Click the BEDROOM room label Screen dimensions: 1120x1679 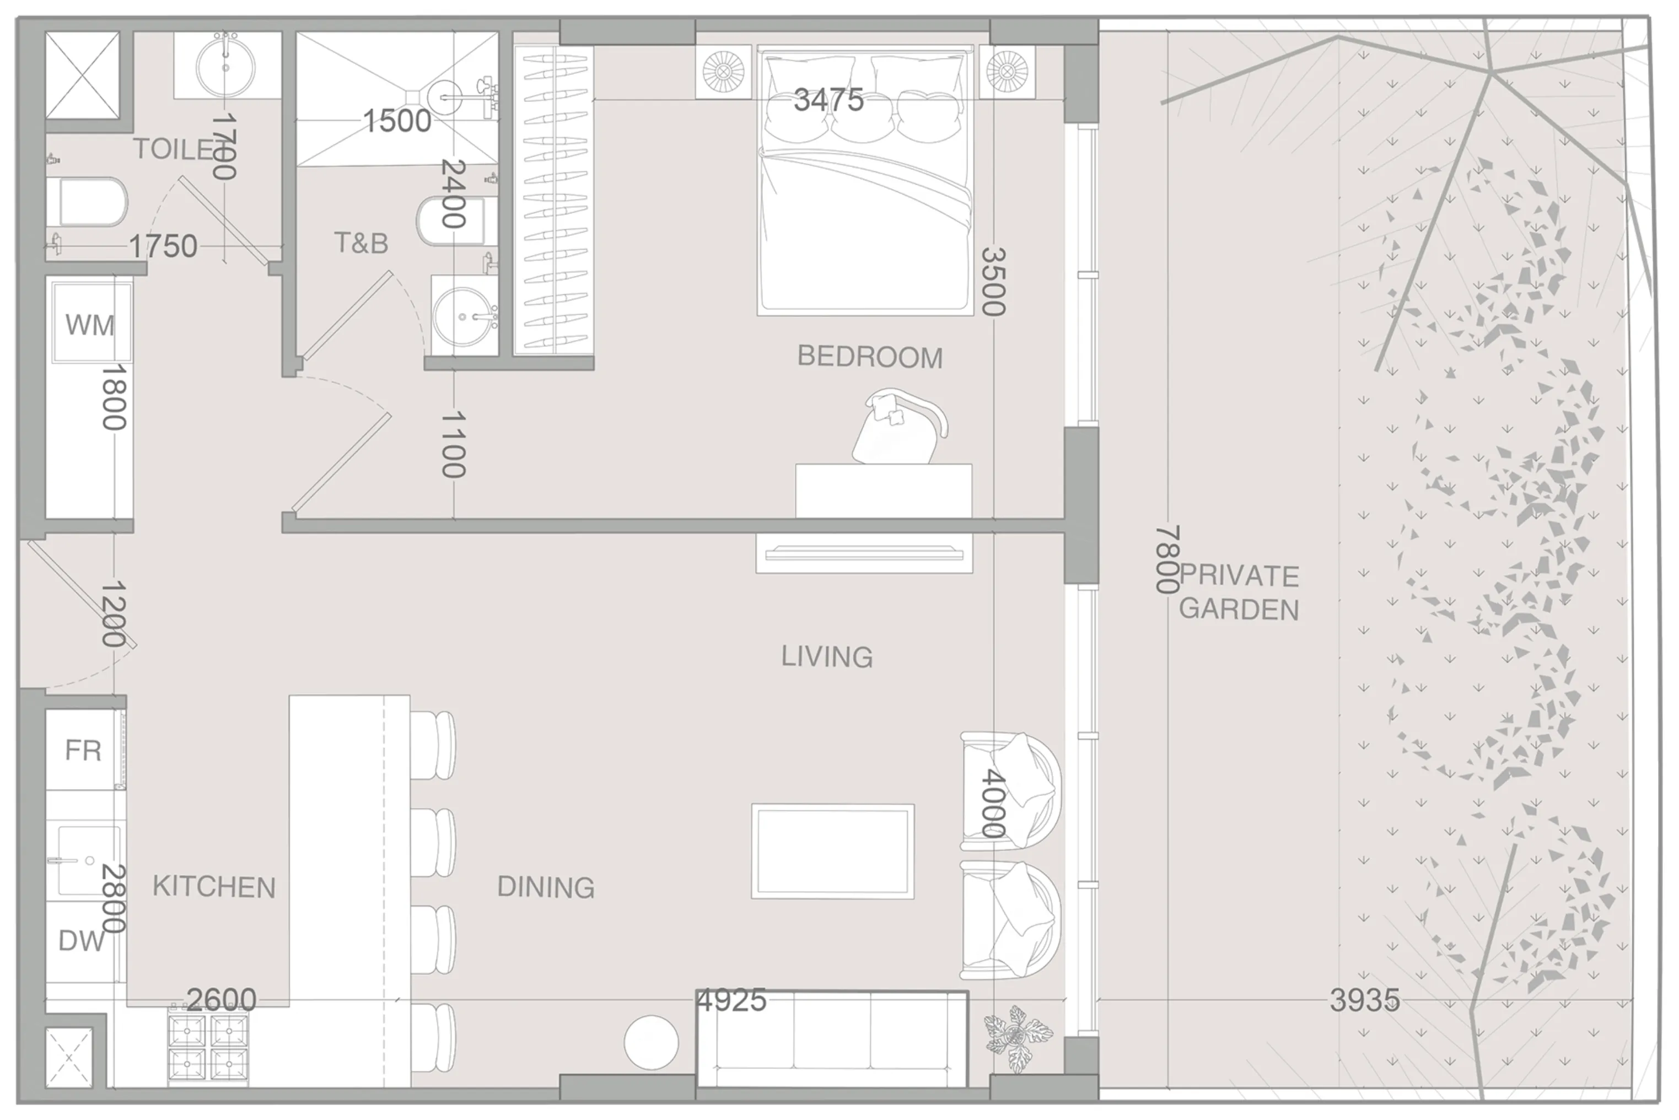(x=869, y=357)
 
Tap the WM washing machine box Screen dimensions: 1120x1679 (x=90, y=324)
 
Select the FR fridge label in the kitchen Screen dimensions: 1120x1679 (x=83, y=750)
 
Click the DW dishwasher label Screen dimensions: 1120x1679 (x=80, y=941)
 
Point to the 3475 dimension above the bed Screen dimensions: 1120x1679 (x=828, y=100)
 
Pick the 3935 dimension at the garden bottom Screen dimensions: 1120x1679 (x=1364, y=1000)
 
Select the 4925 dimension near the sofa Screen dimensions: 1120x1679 (x=731, y=1000)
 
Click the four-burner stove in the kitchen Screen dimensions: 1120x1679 (x=208, y=1047)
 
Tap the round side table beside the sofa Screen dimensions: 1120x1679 (x=650, y=1042)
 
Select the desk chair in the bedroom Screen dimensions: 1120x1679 (x=898, y=427)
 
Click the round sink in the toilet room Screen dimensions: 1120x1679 (x=225, y=65)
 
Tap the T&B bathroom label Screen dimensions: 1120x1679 (x=360, y=244)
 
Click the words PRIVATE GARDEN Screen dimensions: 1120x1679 (x=1239, y=592)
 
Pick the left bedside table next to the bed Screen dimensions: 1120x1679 (x=723, y=72)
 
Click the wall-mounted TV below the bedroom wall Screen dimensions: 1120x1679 (x=864, y=553)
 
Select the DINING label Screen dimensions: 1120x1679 (x=546, y=887)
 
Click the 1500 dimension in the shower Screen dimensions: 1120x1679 (x=397, y=121)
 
